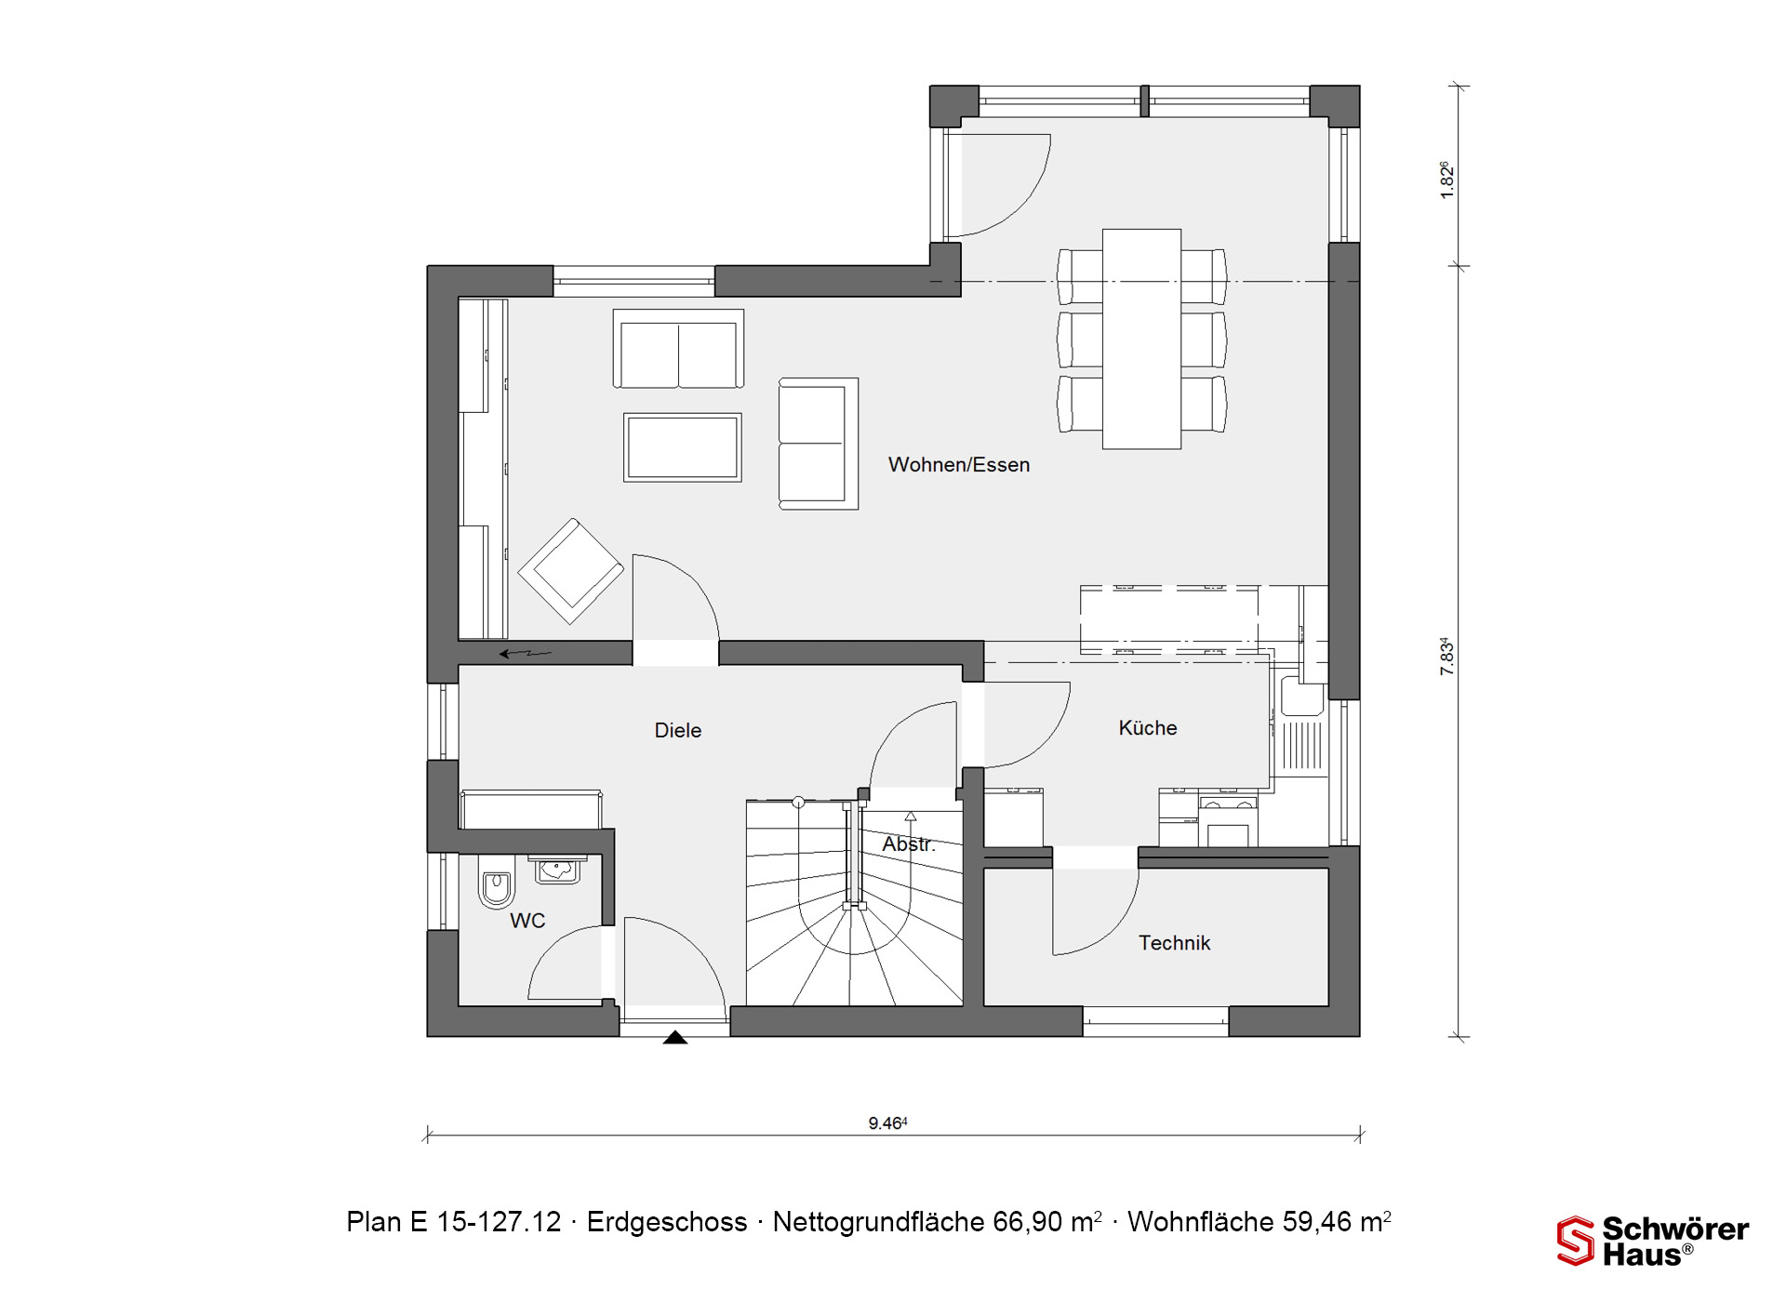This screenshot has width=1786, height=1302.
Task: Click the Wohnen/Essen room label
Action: pyautogui.click(x=959, y=465)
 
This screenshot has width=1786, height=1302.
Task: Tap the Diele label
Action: pyautogui.click(x=678, y=731)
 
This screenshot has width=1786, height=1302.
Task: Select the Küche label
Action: pyautogui.click(x=1148, y=728)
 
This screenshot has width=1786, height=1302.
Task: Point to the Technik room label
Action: pyautogui.click(x=1175, y=943)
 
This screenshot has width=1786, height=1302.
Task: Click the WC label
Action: pyautogui.click(x=527, y=921)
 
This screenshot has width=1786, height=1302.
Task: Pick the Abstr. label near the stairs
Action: pyautogui.click(x=909, y=844)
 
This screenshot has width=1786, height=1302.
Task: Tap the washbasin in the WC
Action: pyautogui.click(x=558, y=870)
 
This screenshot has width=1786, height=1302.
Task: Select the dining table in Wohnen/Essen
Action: pyautogui.click(x=1142, y=339)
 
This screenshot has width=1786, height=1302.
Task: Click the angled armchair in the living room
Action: pyautogui.click(x=571, y=571)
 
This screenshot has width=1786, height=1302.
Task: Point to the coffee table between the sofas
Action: pyautogui.click(x=683, y=447)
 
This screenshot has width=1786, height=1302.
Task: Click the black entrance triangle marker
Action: pyautogui.click(x=675, y=1038)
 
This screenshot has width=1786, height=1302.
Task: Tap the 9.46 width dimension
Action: pyautogui.click(x=888, y=1123)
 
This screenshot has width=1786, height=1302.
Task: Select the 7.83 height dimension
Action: pyautogui.click(x=1446, y=656)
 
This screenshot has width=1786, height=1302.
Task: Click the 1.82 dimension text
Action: pyautogui.click(x=1446, y=180)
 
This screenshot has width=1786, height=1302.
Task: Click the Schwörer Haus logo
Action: pyautogui.click(x=1653, y=1242)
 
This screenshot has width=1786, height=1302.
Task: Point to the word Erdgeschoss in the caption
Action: pyautogui.click(x=667, y=1222)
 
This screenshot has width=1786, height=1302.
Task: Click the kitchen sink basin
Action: pyautogui.click(x=1302, y=697)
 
